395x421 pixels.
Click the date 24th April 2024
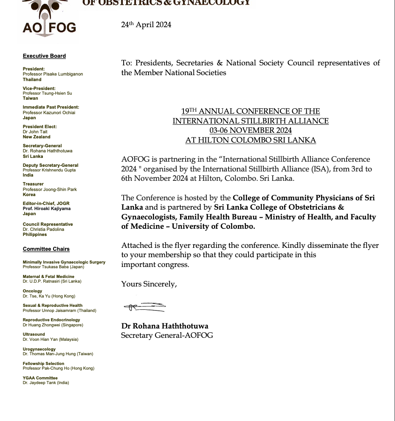point(146,25)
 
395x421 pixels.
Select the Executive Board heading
point(44,56)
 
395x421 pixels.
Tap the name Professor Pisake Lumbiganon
point(53,74)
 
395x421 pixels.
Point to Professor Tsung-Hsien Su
point(47,93)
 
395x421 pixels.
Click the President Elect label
point(39,126)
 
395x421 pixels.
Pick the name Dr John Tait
point(35,132)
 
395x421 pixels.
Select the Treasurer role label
point(33,184)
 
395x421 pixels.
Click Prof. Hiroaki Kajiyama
point(47,209)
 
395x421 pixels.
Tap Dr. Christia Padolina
point(43,230)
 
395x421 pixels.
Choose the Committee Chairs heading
point(46,249)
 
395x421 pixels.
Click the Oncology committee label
point(32,291)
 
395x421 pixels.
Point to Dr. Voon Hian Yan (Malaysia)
point(51,340)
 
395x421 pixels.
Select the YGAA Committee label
point(40,378)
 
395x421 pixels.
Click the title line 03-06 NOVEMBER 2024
point(251,130)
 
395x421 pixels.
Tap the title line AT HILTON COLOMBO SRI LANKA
point(251,140)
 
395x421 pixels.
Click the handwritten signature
point(144,307)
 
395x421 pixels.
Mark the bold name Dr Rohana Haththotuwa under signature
point(165,326)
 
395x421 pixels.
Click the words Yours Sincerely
point(149,284)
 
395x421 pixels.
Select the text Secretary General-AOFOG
point(167,336)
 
